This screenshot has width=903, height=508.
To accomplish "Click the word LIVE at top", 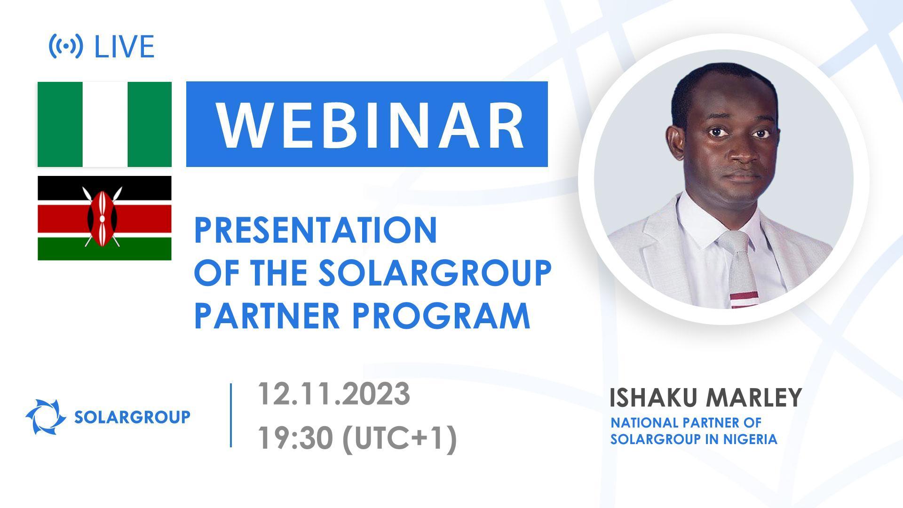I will [x=125, y=47].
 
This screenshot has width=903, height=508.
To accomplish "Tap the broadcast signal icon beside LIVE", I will [x=66, y=46].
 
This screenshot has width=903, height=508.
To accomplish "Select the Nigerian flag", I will [x=104, y=124].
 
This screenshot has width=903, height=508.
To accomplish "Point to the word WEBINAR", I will [x=370, y=125].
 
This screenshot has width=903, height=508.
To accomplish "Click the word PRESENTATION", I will [x=316, y=231].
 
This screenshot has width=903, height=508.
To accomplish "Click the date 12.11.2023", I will [x=333, y=394].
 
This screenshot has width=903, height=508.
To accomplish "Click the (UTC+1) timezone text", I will [x=400, y=438].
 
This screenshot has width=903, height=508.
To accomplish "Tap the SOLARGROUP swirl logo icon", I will [x=45, y=417].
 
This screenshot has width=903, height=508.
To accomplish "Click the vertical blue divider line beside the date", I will [x=231, y=415].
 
